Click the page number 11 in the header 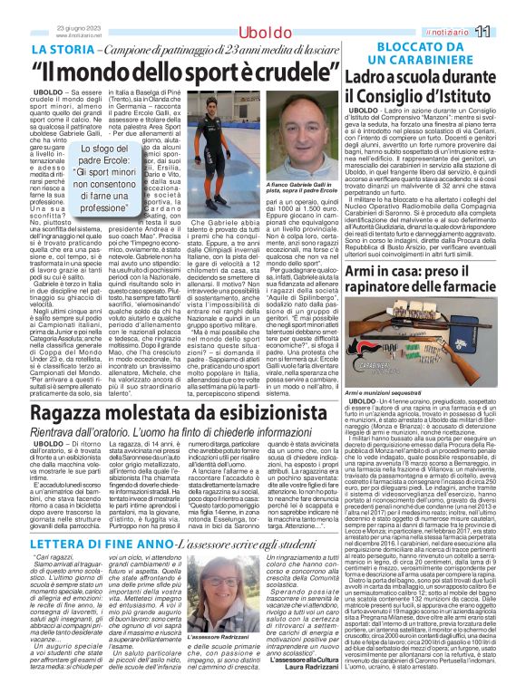tap(507, 32)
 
